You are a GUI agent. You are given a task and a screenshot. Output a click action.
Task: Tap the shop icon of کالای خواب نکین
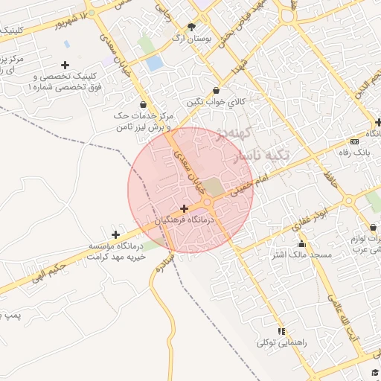(x=216, y=90)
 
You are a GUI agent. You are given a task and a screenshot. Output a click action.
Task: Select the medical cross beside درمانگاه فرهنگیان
(x=184, y=208)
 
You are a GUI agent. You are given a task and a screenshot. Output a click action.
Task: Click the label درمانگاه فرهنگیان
(x=188, y=220)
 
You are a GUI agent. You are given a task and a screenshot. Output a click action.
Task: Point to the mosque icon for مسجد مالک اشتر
(x=301, y=244)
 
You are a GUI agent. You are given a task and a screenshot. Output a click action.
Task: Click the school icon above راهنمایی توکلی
(x=281, y=331)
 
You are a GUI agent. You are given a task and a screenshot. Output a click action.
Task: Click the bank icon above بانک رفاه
(x=354, y=141)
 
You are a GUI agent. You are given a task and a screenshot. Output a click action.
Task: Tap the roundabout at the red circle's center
(x=208, y=202)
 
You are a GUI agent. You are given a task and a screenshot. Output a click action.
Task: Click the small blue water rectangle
(x=154, y=63)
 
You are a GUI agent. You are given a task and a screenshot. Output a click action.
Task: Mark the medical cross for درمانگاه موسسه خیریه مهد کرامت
(x=115, y=234)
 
